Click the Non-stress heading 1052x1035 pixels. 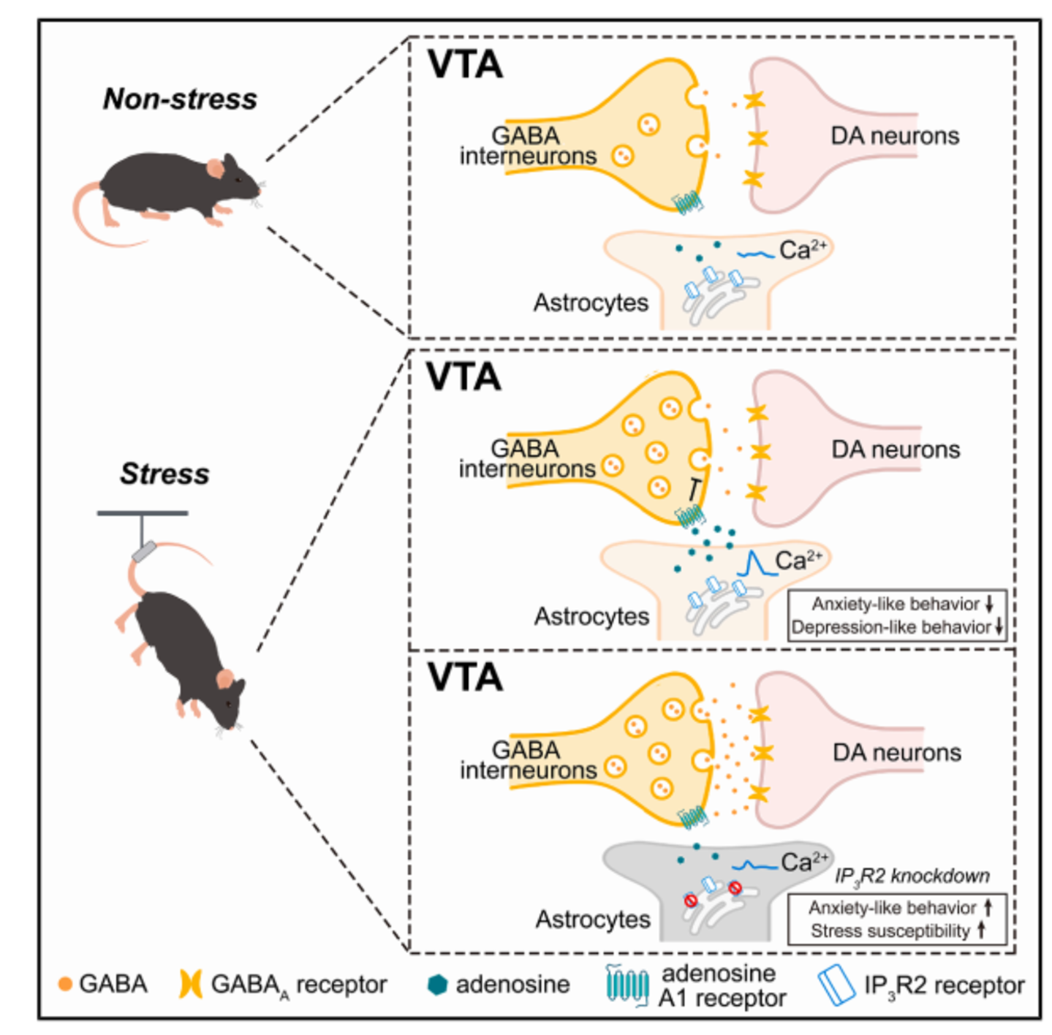click(180, 99)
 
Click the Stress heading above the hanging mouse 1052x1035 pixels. click(165, 474)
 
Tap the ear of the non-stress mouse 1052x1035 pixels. click(214, 169)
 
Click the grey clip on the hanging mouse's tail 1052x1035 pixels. click(144, 551)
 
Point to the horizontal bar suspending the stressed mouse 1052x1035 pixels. click(143, 513)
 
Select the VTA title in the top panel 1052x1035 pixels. click(465, 65)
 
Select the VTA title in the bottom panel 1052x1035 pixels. click(465, 678)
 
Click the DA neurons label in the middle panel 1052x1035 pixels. click(896, 450)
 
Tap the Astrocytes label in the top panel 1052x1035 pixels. click(591, 303)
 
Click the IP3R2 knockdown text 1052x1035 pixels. click(912, 876)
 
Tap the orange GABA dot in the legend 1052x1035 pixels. click(65, 985)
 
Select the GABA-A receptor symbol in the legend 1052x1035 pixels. click(191, 985)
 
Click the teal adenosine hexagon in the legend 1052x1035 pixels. click(437, 985)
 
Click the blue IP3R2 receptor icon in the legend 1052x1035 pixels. click(837, 985)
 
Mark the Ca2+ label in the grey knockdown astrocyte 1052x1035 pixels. click(804, 863)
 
